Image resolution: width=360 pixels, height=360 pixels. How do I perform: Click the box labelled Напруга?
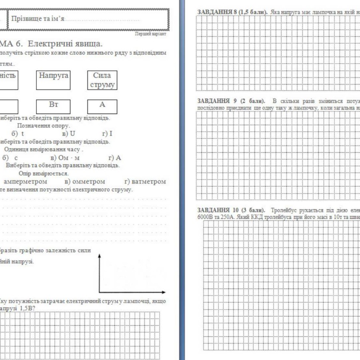click(53, 80)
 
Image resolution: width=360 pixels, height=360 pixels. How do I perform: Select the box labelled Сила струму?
click(102, 80)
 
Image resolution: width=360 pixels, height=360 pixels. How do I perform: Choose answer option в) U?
click(69, 134)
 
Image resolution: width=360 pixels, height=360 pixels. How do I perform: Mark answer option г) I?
click(107, 134)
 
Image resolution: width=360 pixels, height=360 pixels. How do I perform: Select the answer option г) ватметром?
click(145, 182)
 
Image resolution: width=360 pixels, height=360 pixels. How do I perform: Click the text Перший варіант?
click(150, 34)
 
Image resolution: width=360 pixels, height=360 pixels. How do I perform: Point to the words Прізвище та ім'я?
click(38, 19)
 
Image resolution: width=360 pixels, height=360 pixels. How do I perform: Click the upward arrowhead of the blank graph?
click(99, 254)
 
